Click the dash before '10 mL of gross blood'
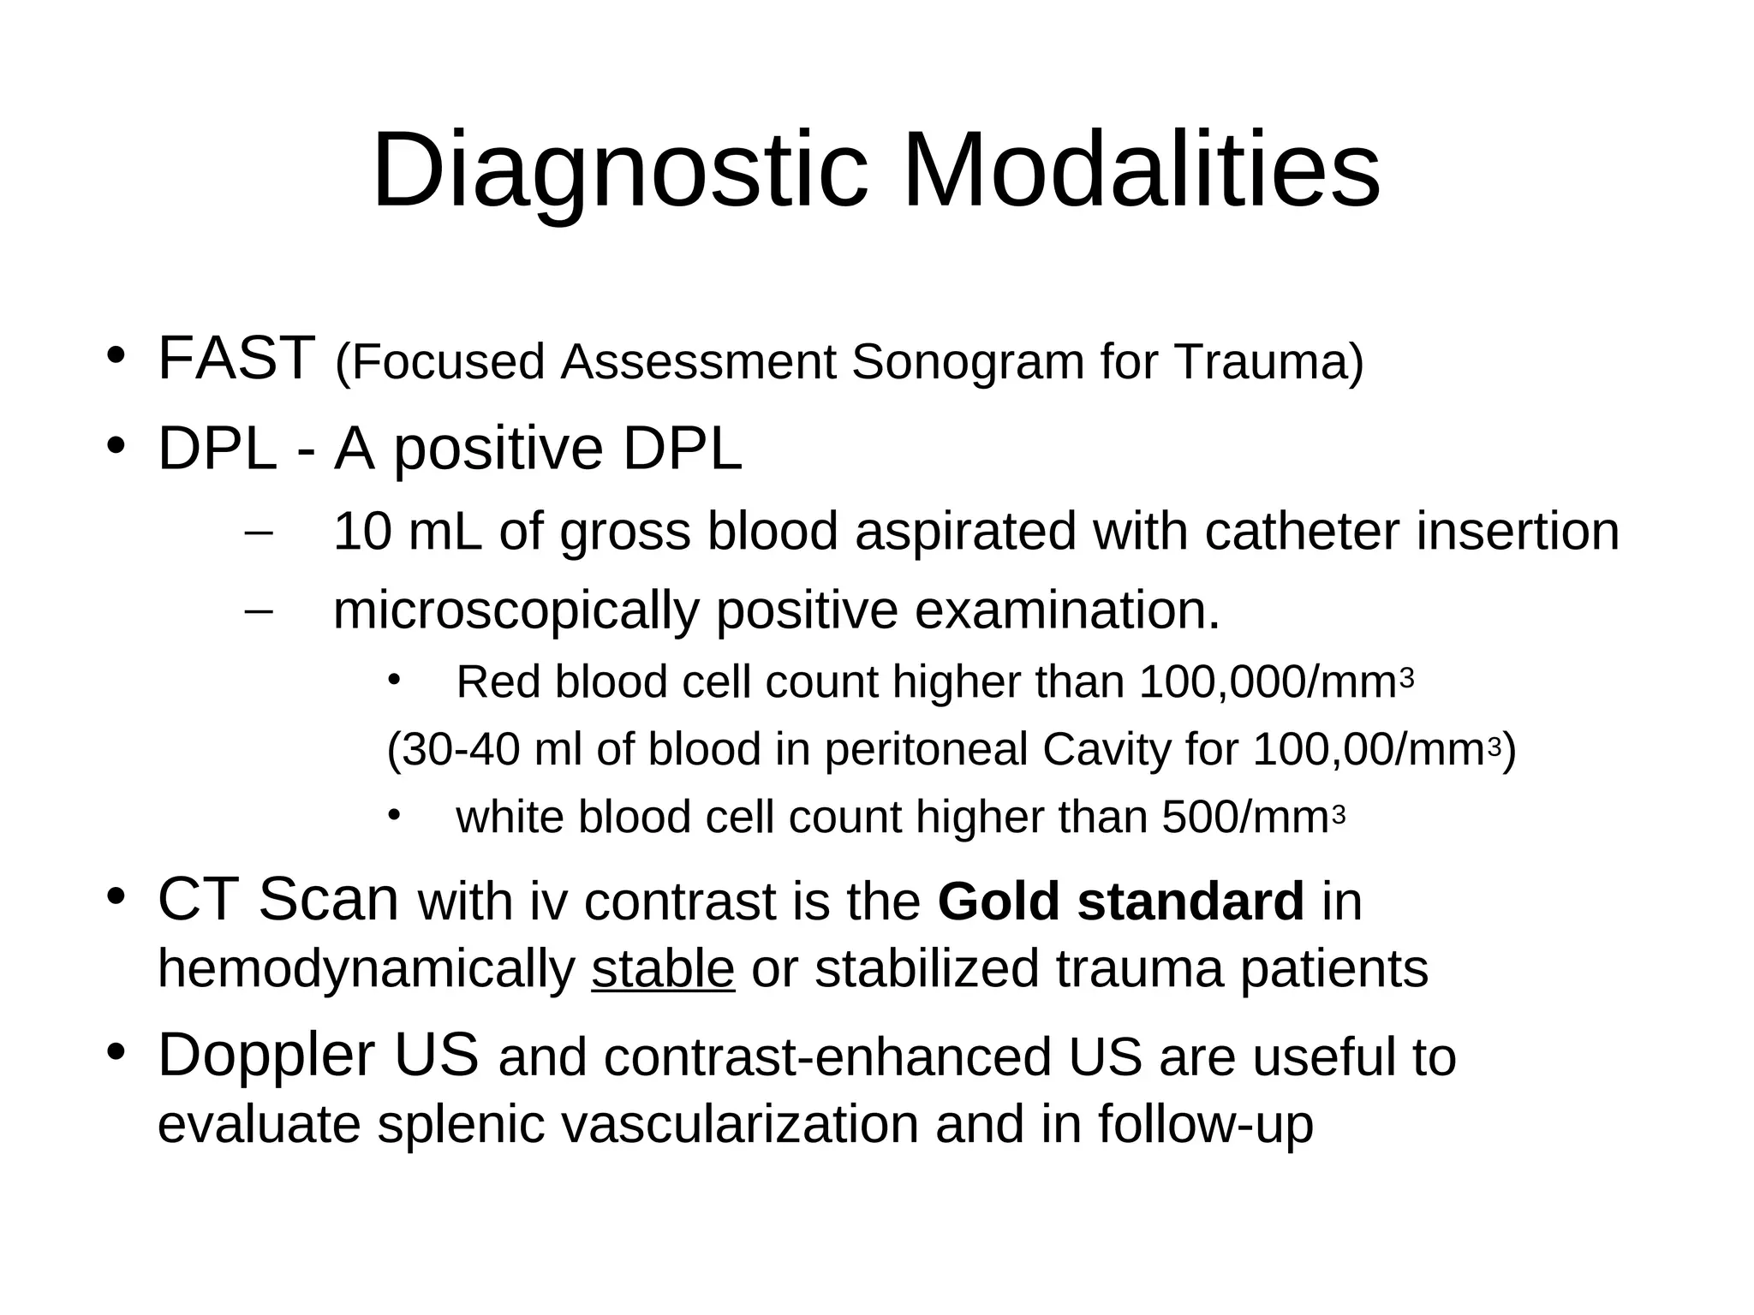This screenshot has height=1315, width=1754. [258, 533]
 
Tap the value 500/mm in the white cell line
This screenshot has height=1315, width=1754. [1244, 817]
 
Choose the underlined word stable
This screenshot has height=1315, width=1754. [662, 968]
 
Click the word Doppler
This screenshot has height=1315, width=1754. [266, 1055]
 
